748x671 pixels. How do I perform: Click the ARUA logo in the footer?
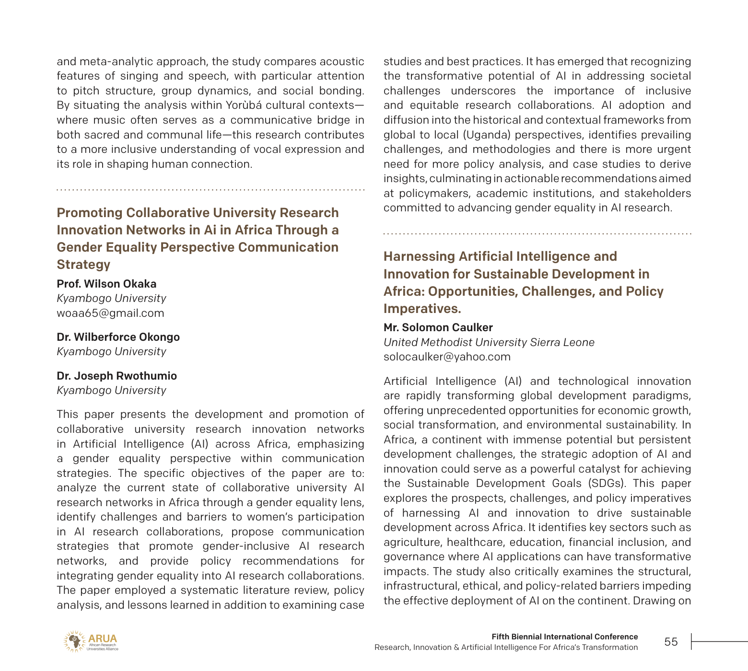pyautogui.click(x=91, y=641)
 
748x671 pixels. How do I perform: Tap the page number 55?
pyautogui.click(x=671, y=642)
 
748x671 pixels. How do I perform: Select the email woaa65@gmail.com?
pyautogui.click(x=110, y=313)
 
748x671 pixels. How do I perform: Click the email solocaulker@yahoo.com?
pyautogui.click(x=447, y=357)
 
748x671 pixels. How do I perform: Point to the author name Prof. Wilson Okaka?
pyautogui.click(x=106, y=284)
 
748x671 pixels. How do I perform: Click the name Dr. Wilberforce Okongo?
pyautogui.click(x=118, y=337)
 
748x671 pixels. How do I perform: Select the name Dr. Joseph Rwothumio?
pyautogui.click(x=117, y=376)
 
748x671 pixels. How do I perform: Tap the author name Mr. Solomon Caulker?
pyautogui.click(x=438, y=327)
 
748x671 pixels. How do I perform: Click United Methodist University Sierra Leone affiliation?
pyautogui.click(x=489, y=342)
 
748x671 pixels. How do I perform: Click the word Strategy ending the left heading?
pyautogui.click(x=83, y=265)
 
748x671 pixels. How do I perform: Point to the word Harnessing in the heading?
pyautogui.click(x=419, y=256)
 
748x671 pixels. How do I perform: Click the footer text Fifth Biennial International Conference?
pyautogui.click(x=564, y=636)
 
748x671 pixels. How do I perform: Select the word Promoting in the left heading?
pyautogui.click(x=89, y=213)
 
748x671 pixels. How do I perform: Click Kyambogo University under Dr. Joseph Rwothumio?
pyautogui.click(x=111, y=390)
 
